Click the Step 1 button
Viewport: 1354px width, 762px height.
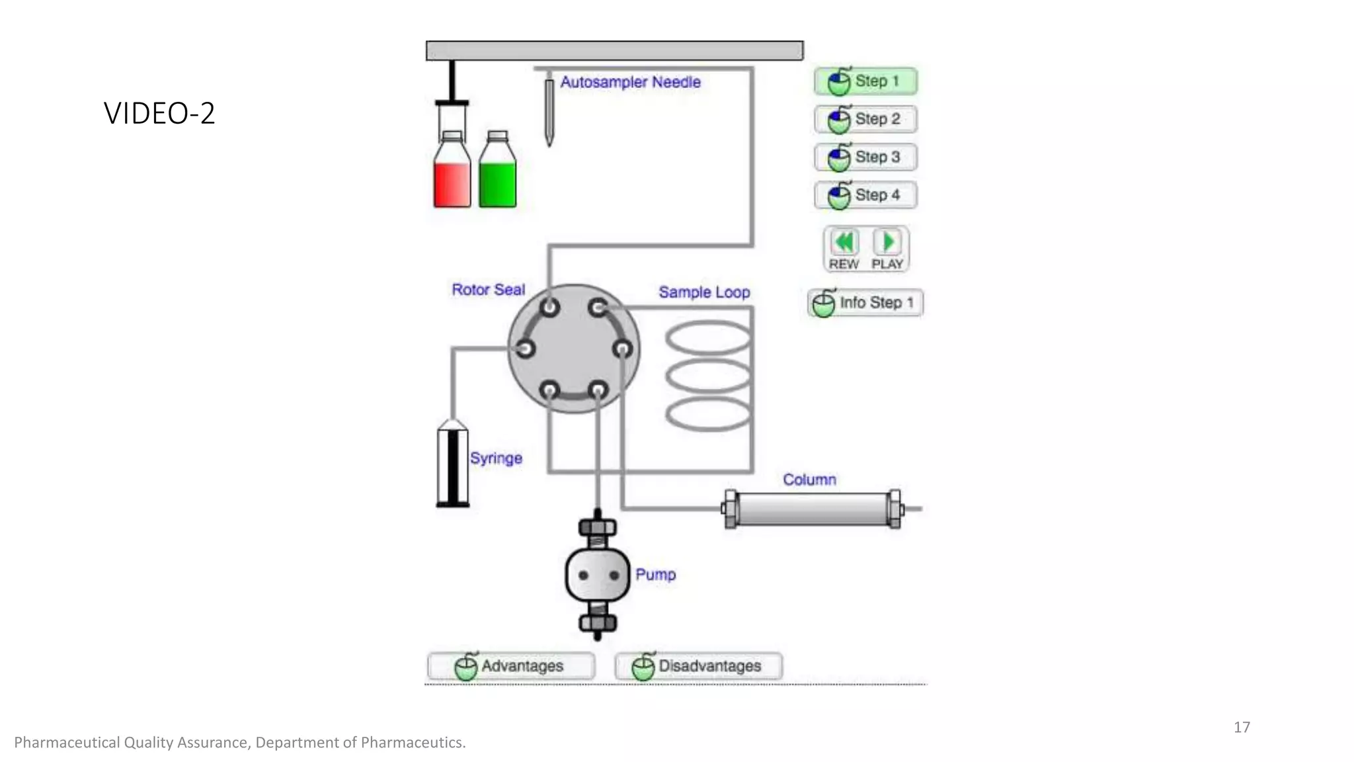[865, 81]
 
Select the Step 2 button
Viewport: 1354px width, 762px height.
[865, 119]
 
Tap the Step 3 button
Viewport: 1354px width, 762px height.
[865, 157]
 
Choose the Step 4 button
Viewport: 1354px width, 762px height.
[865, 195]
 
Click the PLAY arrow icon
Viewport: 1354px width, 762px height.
[887, 242]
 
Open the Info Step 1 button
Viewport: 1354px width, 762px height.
[865, 303]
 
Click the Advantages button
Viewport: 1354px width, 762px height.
[510, 665]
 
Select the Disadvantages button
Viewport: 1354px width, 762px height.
[698, 665]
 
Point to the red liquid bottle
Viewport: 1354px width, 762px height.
[452, 179]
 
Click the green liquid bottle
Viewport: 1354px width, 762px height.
[497, 179]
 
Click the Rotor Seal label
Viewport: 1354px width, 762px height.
[488, 290]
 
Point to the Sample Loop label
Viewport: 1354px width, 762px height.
[704, 292]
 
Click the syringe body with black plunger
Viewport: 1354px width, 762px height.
[453, 466]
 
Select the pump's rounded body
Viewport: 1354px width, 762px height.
[598, 575]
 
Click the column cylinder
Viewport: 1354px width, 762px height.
[812, 509]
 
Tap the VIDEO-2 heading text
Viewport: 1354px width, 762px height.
[159, 113]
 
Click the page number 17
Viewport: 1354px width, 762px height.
[1242, 727]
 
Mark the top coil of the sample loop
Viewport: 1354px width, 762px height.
[707, 337]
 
